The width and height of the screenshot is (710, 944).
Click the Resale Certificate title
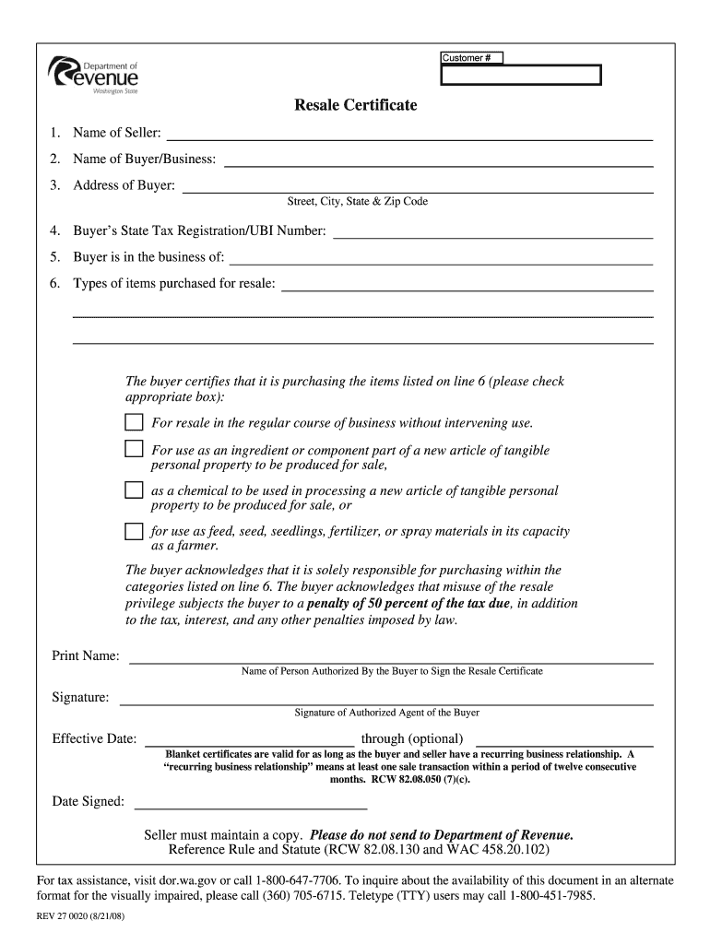point(355,105)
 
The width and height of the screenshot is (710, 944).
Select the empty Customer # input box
point(520,76)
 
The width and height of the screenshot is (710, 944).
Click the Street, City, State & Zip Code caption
point(358,202)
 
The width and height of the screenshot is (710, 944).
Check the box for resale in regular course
point(135,423)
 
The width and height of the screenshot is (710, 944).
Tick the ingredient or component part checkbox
point(135,450)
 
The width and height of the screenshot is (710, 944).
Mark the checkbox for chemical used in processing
point(135,490)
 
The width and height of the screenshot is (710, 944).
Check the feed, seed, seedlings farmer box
point(135,531)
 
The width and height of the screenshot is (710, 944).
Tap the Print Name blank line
point(391,661)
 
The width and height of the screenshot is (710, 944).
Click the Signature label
point(80,697)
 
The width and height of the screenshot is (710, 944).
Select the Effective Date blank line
point(251,742)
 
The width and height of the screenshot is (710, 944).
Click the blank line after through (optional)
point(564,742)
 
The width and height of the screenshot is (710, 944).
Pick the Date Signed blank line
point(251,806)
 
